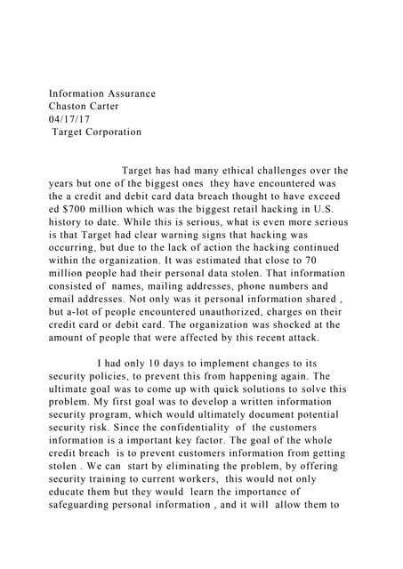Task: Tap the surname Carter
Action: coord(118,106)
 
